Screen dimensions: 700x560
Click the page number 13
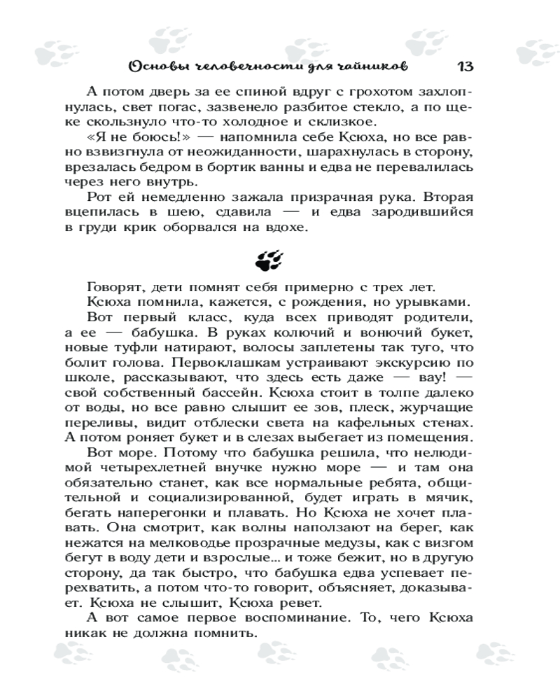[x=465, y=66]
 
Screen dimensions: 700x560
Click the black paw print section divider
[x=270, y=261]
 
